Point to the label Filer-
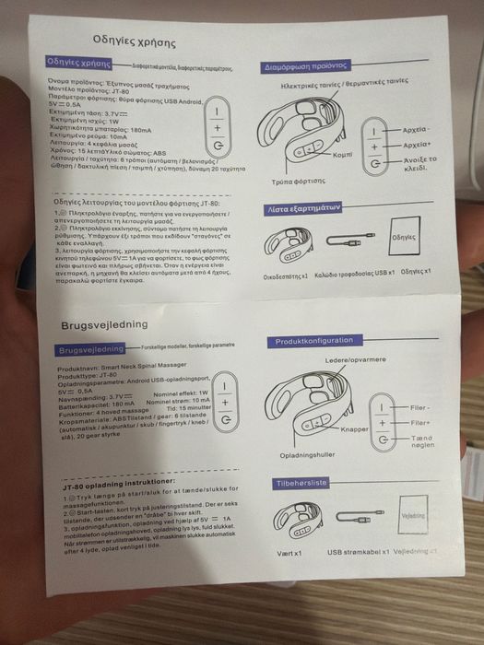coord(420,406)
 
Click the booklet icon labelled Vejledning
coord(412,517)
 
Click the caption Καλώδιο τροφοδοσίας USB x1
coord(355,275)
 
